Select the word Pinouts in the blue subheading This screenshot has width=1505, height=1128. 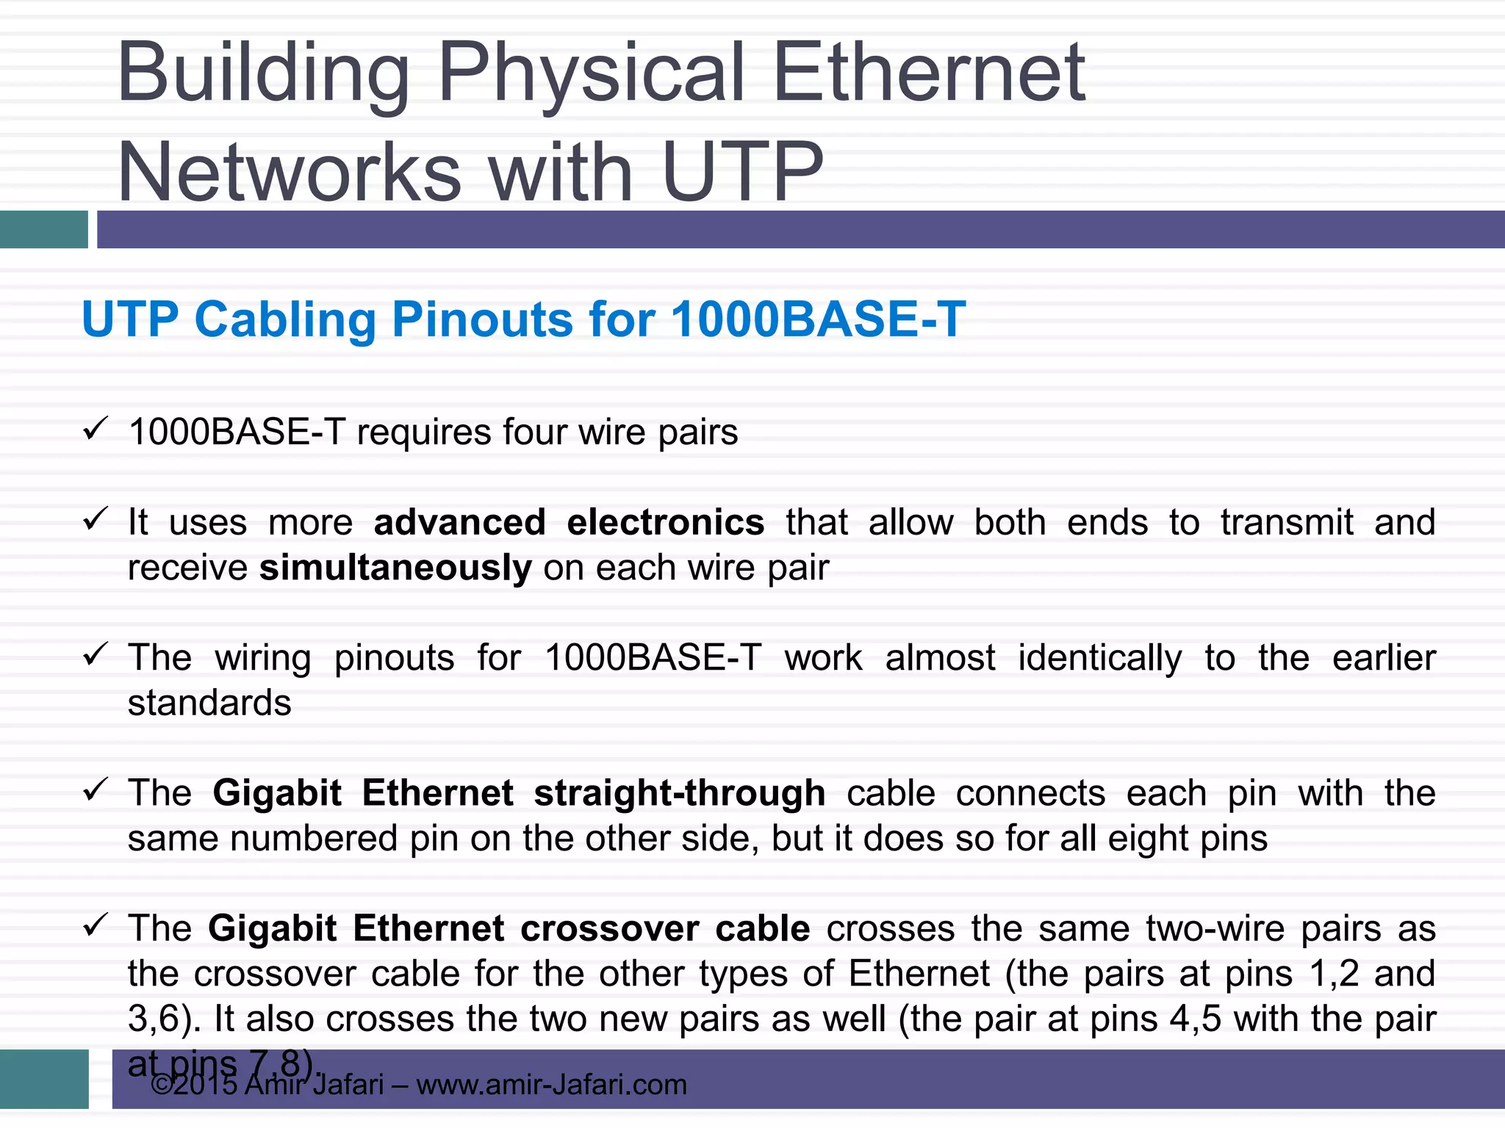point(481,320)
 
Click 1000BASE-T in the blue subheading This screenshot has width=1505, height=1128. point(818,320)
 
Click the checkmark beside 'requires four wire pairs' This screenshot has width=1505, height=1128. point(96,428)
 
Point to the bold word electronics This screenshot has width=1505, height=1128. point(665,523)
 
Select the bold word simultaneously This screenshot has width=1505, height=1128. point(395,568)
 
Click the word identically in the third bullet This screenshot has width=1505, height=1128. point(1099,658)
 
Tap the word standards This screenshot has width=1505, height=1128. point(209,704)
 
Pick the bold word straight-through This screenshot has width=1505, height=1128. point(679,794)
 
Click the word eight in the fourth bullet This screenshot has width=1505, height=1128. point(1146,839)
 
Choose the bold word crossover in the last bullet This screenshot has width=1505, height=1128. point(609,929)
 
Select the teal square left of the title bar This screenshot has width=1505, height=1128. point(44,229)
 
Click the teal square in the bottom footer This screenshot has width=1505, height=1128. point(44,1079)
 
